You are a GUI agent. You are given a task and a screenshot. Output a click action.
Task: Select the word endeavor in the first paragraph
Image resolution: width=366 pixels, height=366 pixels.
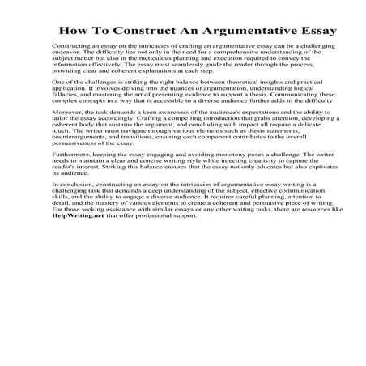pyautogui.click(x=66, y=68)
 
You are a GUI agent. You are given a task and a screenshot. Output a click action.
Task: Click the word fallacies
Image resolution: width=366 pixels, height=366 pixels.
pyautogui.click(x=66, y=117)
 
